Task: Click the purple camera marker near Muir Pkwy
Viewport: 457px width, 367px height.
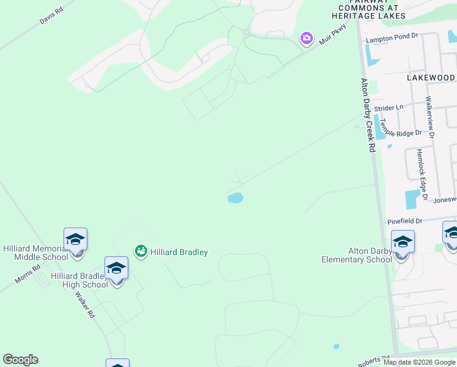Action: coord(307,39)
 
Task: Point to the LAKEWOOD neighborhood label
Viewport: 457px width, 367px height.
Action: coord(431,78)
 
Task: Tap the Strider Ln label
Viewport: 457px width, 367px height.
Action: coord(389,108)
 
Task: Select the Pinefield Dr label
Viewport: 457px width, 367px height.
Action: coord(404,221)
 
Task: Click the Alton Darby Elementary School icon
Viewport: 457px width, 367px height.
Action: coord(403,243)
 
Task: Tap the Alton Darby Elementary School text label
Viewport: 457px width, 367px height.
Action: coord(357,255)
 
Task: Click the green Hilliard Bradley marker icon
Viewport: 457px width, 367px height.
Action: coord(141,251)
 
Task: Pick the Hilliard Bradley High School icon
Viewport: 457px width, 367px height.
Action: coord(116,269)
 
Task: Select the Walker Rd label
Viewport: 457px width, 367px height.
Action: coord(84,304)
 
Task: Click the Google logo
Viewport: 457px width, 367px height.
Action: coord(20,360)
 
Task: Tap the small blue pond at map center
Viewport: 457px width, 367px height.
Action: coord(235,198)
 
